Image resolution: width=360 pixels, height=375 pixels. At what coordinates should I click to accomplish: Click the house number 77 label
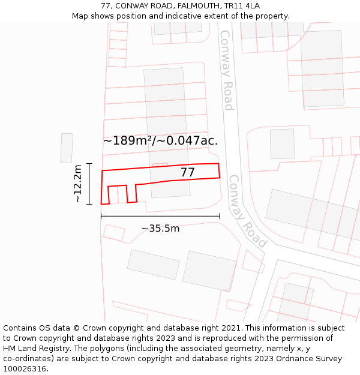click(188, 173)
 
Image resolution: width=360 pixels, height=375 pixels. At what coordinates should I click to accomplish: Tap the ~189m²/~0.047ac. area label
click(160, 141)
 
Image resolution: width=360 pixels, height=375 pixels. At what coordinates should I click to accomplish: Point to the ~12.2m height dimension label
click(78, 184)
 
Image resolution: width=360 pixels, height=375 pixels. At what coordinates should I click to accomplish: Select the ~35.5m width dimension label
click(160, 229)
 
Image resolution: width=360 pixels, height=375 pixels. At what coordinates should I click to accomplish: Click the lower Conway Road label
click(247, 211)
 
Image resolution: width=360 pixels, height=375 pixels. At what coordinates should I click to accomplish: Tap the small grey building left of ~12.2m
click(67, 148)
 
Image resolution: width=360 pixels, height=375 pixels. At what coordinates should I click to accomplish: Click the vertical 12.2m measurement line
click(89, 184)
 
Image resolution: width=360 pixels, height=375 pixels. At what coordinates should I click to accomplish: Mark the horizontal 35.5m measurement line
click(160, 216)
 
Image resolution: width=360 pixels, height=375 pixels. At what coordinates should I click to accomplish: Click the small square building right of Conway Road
click(282, 144)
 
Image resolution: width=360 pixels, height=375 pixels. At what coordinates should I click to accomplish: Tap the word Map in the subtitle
click(80, 16)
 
